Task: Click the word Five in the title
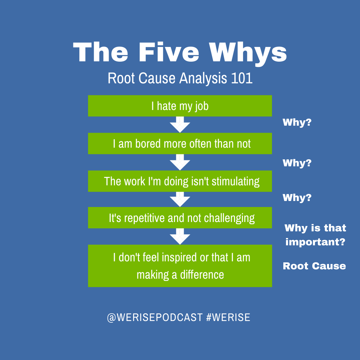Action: coord(169,53)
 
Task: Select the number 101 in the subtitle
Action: coord(241,78)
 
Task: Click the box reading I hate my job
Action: coord(180,106)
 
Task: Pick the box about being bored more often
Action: coord(180,143)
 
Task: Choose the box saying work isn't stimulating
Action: coord(180,181)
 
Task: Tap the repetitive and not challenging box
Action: coord(180,218)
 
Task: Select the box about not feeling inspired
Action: coord(180,266)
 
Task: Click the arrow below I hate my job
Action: coord(180,125)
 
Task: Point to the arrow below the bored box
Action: coord(180,163)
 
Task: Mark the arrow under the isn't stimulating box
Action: coord(180,200)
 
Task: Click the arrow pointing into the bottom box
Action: coord(180,237)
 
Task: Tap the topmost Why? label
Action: coord(297,122)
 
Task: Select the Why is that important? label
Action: coord(315,235)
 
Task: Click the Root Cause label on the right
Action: coord(314,266)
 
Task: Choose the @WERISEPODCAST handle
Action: coord(155,317)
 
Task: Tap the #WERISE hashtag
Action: coord(228,317)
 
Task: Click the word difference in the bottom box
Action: coord(202,275)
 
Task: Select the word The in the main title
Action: coord(100,53)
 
